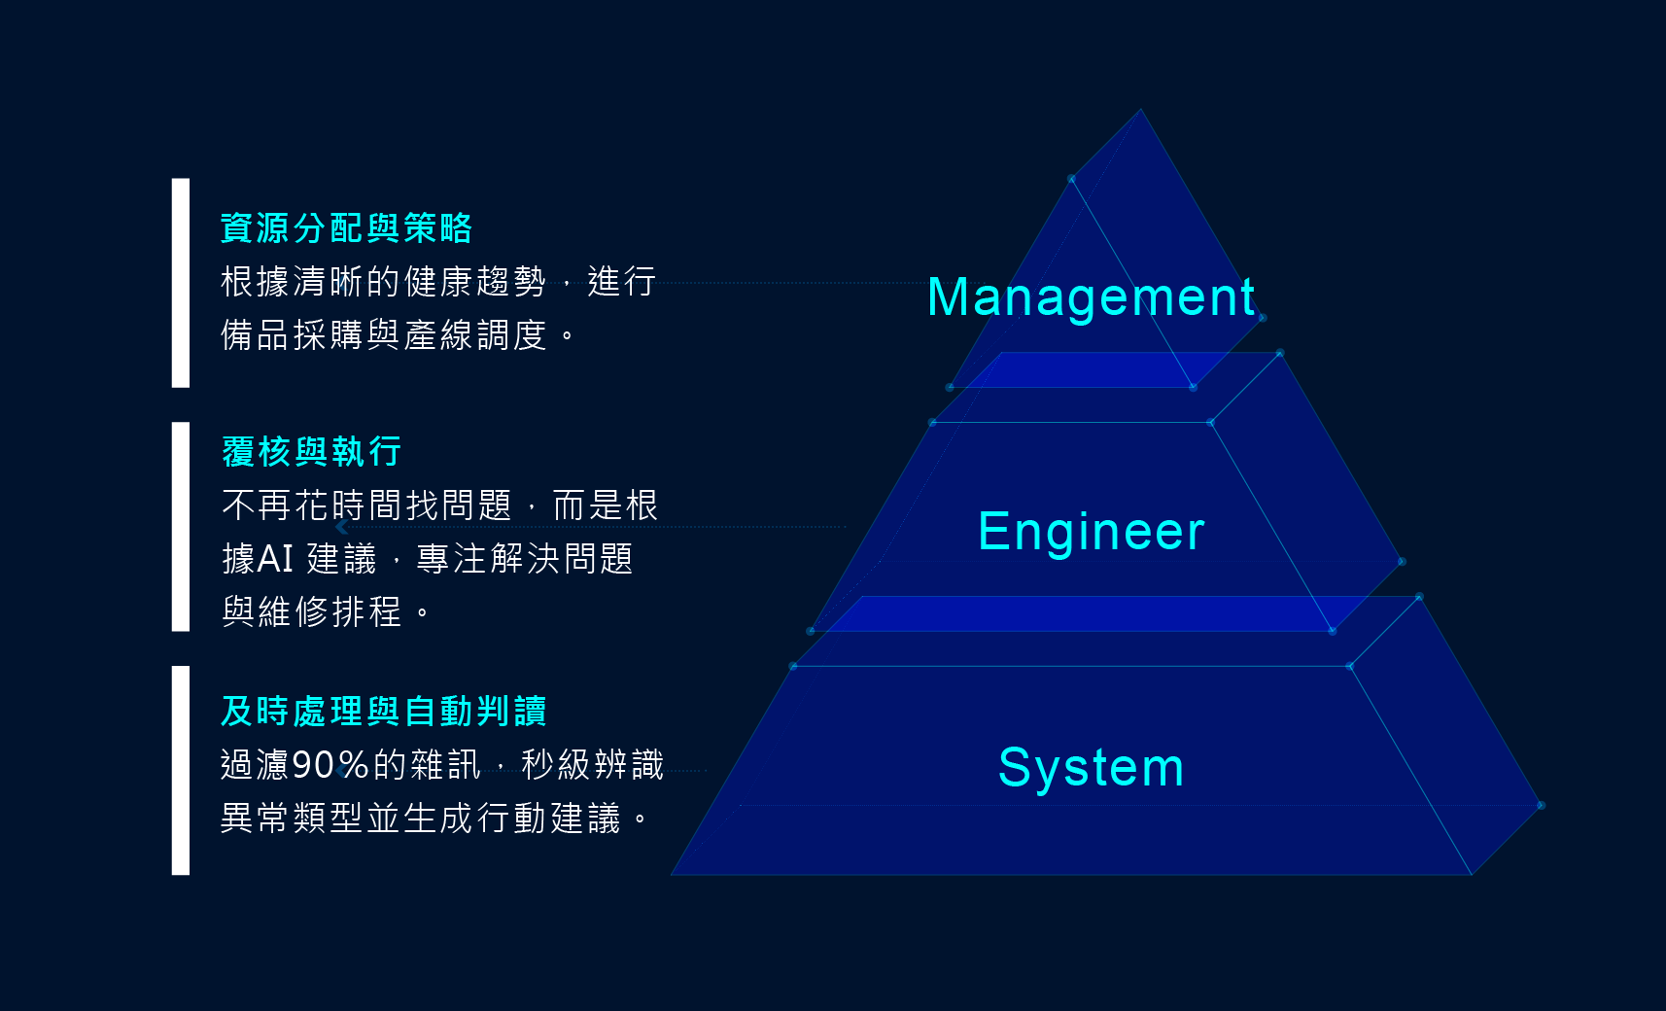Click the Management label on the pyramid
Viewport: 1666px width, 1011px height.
point(1091,297)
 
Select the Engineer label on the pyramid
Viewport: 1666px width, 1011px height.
point(1091,532)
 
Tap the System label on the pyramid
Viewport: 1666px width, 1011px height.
point(1091,768)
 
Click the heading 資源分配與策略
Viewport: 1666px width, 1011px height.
point(346,228)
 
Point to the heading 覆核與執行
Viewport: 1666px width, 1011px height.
point(311,452)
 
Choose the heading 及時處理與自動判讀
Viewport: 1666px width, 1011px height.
point(383,712)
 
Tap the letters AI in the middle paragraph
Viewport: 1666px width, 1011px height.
point(275,559)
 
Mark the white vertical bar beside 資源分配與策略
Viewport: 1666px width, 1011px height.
point(181,283)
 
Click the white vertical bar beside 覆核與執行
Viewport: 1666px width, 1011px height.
point(181,526)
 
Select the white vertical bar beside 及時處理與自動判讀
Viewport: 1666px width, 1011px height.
point(181,770)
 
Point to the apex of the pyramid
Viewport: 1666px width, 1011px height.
point(1140,112)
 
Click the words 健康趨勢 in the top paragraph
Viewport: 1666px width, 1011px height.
point(474,282)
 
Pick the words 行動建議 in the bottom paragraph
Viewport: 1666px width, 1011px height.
point(548,819)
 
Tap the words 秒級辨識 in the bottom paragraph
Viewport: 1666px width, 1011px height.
point(592,765)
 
